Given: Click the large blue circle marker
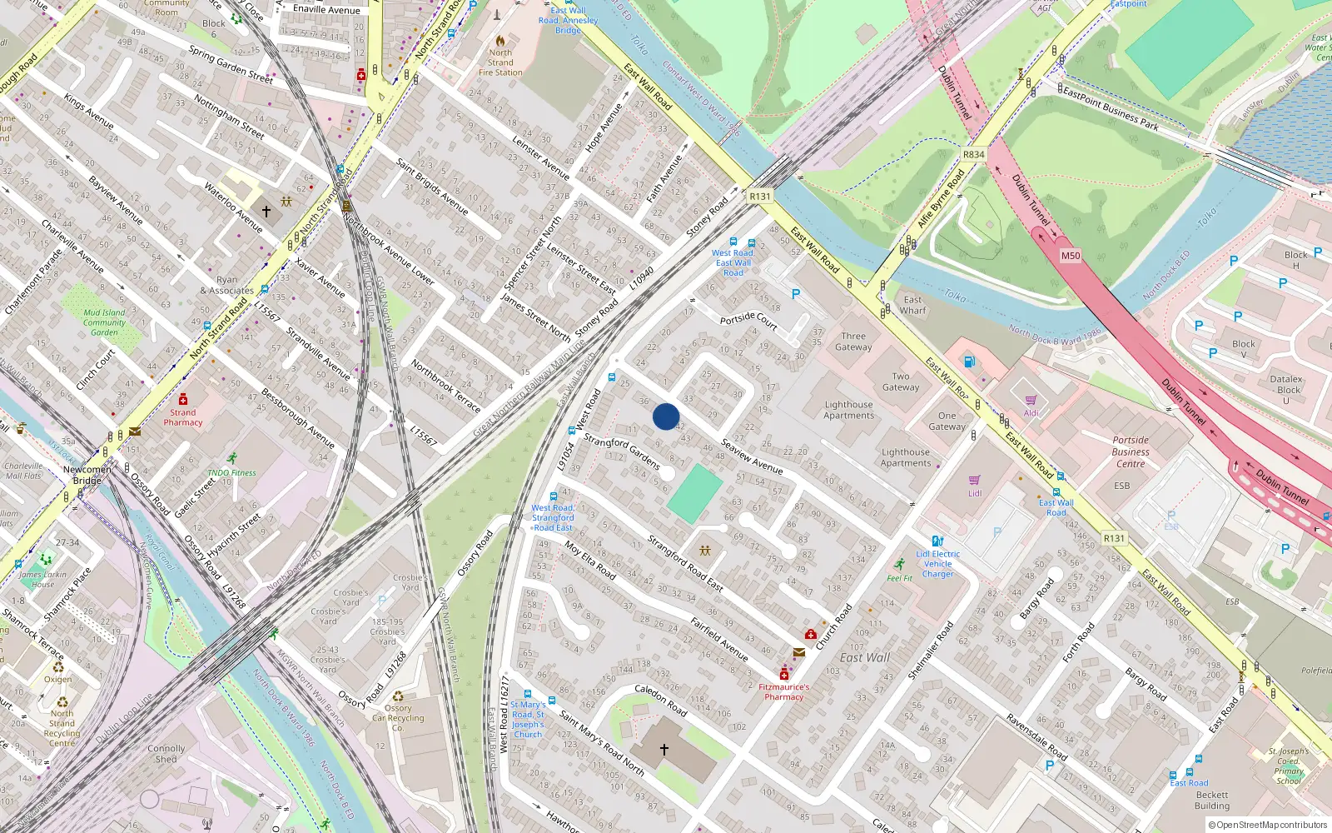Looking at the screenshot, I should [x=666, y=416].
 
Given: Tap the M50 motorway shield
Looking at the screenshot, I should [x=1071, y=256].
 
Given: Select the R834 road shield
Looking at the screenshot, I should [x=973, y=154].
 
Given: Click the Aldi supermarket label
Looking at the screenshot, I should [x=1031, y=413].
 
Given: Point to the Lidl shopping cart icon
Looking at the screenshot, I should [x=975, y=480].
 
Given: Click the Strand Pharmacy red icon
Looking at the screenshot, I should [x=183, y=399].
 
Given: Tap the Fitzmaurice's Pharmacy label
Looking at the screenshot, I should [x=783, y=692].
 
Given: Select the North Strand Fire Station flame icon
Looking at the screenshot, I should [x=500, y=40].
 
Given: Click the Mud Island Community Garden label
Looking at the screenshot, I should [x=104, y=322].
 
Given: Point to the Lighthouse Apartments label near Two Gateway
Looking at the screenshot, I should [x=849, y=410].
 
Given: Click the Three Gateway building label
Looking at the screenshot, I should [x=853, y=342].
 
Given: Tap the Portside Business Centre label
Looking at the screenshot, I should [x=1130, y=452].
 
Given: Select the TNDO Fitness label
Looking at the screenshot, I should [x=232, y=472].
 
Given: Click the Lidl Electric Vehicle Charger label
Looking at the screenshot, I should [x=938, y=564].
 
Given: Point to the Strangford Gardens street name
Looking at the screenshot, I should [x=622, y=451].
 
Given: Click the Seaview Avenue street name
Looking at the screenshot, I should [x=752, y=456].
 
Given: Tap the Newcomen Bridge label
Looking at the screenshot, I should [x=87, y=475].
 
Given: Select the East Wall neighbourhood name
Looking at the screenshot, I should [x=865, y=657].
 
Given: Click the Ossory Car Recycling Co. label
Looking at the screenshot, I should [x=399, y=718].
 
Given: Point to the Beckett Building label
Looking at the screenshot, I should [x=1212, y=801].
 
